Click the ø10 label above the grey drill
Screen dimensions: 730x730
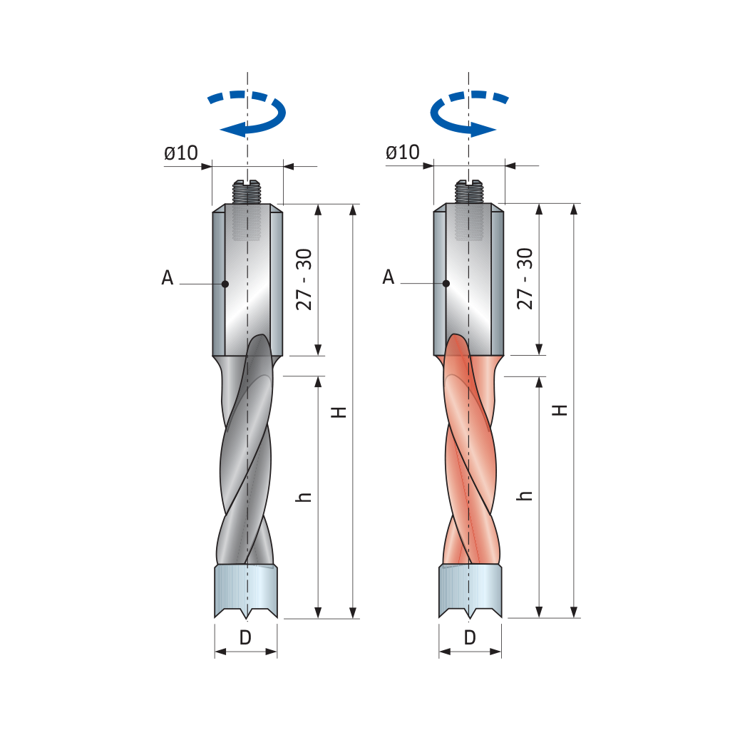pos(181,153)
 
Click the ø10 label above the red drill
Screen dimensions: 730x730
pos(403,153)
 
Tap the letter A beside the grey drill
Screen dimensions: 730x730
pos(167,277)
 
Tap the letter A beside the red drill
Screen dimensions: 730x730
pos(389,277)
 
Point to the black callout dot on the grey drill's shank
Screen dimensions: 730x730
pos(225,284)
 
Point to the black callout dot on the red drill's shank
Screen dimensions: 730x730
pos(446,283)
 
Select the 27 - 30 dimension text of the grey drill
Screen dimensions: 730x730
pos(304,279)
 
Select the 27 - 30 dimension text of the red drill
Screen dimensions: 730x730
pos(525,279)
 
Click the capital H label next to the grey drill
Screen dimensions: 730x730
pos(339,412)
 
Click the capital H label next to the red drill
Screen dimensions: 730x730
pos(560,410)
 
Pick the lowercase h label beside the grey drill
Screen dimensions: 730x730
pos(304,496)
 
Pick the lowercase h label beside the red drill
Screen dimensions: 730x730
pos(524,495)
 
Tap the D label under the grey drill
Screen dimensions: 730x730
pos(245,637)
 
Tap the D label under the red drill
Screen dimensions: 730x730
pos(471,637)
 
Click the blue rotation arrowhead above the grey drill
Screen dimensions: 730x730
pos(233,130)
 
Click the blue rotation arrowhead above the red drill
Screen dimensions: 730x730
pos(483,130)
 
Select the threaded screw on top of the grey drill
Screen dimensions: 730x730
pos(247,192)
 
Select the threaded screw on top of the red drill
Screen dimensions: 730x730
pos(468,192)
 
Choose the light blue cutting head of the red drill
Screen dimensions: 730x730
pos(471,591)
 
